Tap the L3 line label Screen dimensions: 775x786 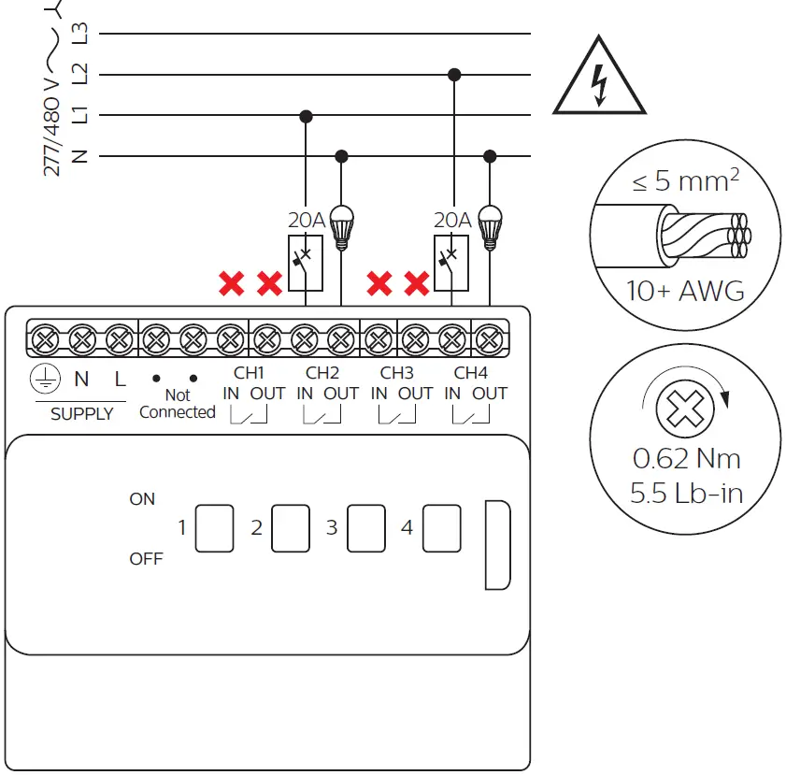tap(80, 34)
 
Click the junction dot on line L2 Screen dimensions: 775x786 tap(454, 75)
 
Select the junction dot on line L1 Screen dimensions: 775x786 tap(306, 116)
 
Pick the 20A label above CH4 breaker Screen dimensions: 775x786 tap(452, 220)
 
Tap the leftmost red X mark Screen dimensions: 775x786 tap(231, 282)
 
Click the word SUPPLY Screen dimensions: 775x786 tap(81, 414)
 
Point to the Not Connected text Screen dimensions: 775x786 tap(177, 404)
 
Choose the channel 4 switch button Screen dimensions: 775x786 tap(441, 528)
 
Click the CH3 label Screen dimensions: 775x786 tap(397, 372)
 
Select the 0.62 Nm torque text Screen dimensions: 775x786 tap(686, 459)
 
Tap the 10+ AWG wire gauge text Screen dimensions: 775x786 tap(685, 291)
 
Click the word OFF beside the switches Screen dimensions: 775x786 tap(146, 559)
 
